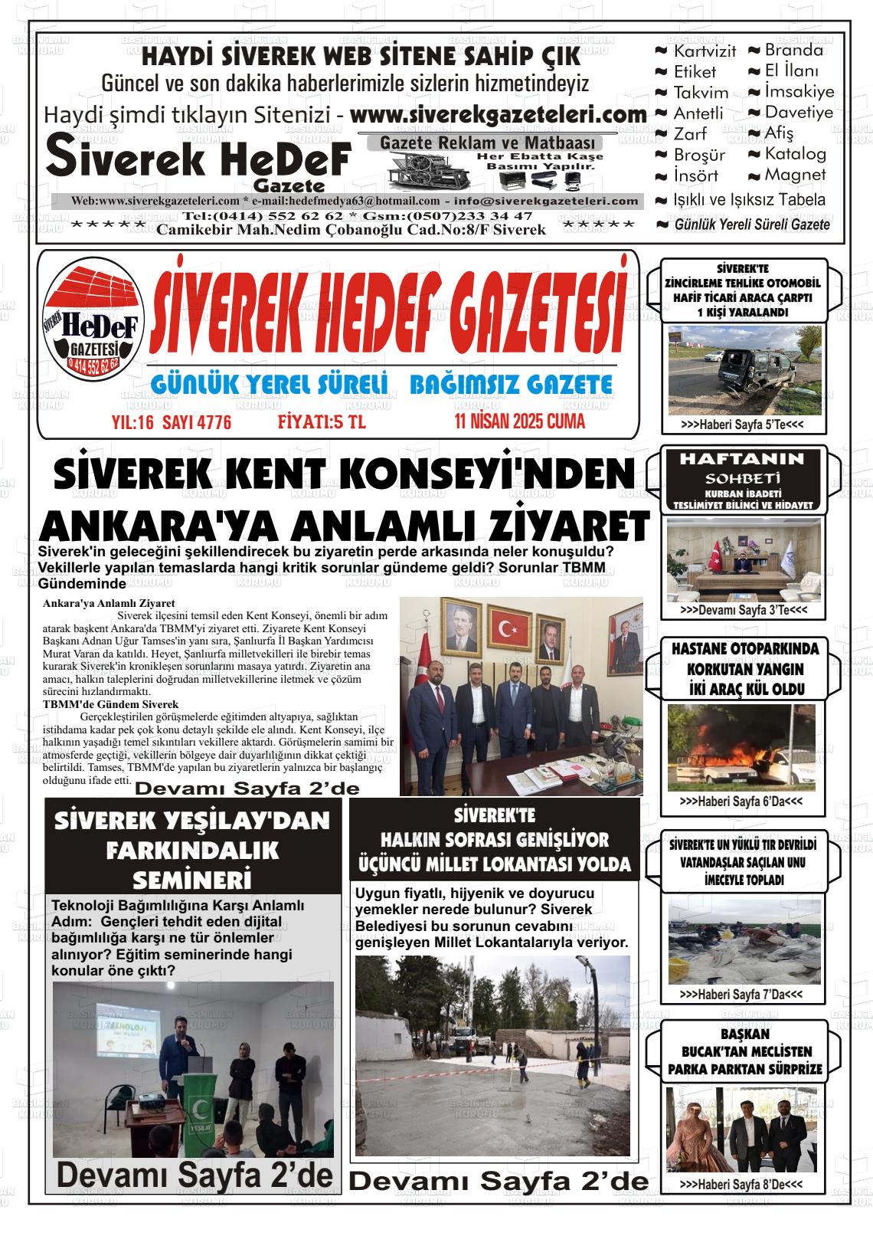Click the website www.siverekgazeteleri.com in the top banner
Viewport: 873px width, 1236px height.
coord(499,115)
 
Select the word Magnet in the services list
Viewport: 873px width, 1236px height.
coord(796,175)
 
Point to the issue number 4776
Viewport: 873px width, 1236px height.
coord(214,423)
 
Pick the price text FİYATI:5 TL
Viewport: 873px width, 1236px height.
coord(322,422)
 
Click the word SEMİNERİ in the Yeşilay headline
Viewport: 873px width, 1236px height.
coord(192,878)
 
